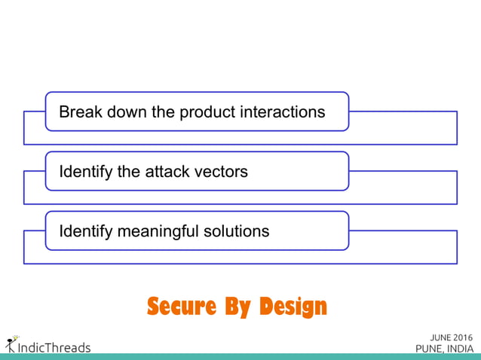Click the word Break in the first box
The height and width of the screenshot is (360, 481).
pos(79,112)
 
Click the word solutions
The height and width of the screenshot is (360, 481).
pos(237,231)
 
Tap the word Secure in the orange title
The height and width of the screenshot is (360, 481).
pos(179,307)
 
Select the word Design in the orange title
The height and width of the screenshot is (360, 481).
pos(293,307)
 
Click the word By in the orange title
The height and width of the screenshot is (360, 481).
pos(236,307)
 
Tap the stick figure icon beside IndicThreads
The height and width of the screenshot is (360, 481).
pos(11,344)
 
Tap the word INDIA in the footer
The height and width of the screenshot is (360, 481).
pos(458,348)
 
